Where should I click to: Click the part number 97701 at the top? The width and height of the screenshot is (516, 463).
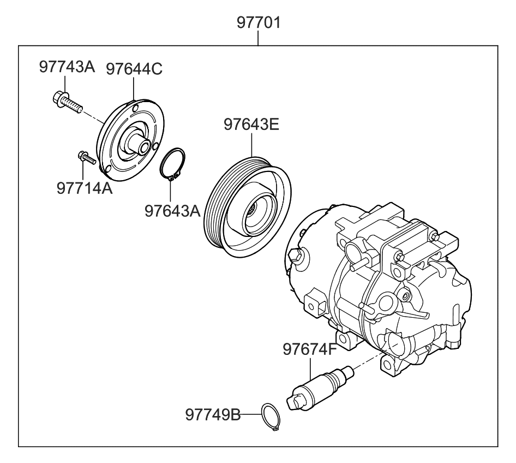point(259,24)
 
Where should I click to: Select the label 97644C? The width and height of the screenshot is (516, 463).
point(134,69)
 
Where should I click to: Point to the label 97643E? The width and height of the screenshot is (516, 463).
point(251,126)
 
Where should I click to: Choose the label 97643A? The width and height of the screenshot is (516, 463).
point(173,210)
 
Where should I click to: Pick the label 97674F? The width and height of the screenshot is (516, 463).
point(310,348)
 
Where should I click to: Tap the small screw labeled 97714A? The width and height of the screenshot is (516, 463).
point(86,158)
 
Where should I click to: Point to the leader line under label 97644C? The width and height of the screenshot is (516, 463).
point(134,88)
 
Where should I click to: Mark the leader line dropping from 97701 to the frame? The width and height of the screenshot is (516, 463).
point(259,39)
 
